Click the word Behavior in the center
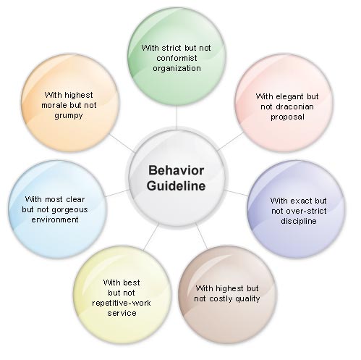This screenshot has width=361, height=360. (176, 170)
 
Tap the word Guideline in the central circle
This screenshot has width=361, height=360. (176, 186)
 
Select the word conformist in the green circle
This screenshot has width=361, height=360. (177, 58)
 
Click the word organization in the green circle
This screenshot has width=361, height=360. (177, 69)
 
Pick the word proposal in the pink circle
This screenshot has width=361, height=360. (287, 117)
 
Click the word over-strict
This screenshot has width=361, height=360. (306, 211)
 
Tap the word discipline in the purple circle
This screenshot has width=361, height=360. (299, 221)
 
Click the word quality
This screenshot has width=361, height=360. (247, 299)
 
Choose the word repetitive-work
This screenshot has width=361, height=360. (122, 303)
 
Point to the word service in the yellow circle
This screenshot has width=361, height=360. (122, 314)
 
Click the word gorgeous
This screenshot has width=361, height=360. (69, 210)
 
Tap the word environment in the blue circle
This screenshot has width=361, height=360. (55, 219)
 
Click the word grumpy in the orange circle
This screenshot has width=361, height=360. (69, 116)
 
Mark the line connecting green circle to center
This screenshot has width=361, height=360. (177, 117)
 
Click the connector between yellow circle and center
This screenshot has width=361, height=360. (151, 236)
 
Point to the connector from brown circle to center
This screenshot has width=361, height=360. (201, 236)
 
